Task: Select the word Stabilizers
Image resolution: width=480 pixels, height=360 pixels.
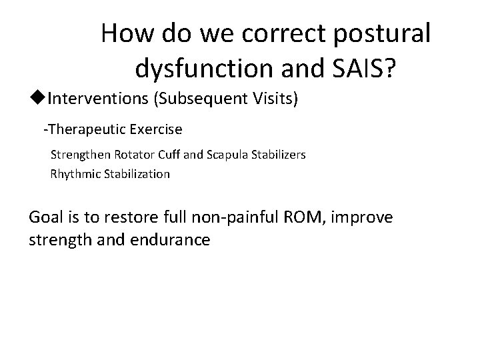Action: point(278,155)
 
